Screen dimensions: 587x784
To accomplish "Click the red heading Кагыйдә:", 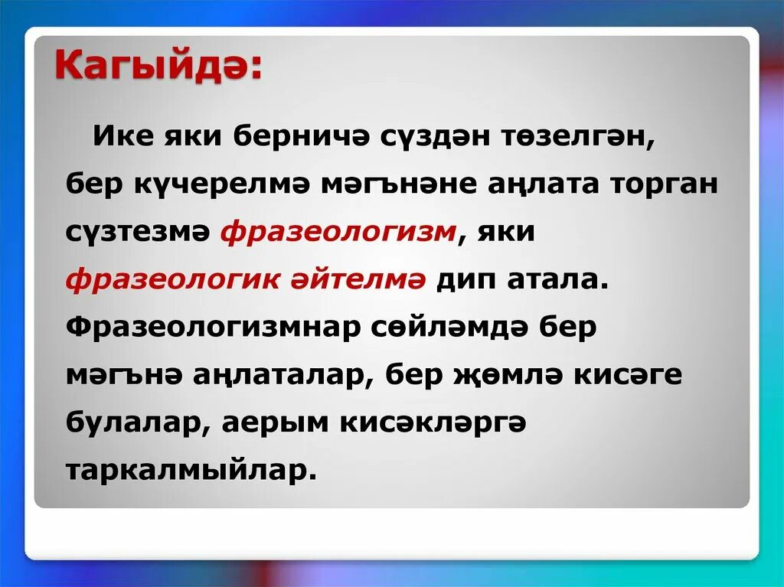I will click(157, 67).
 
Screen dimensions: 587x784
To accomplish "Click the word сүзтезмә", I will click(138, 232).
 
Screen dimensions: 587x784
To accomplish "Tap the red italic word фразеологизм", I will click(338, 232).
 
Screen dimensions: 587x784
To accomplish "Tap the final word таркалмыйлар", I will click(191, 469).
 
